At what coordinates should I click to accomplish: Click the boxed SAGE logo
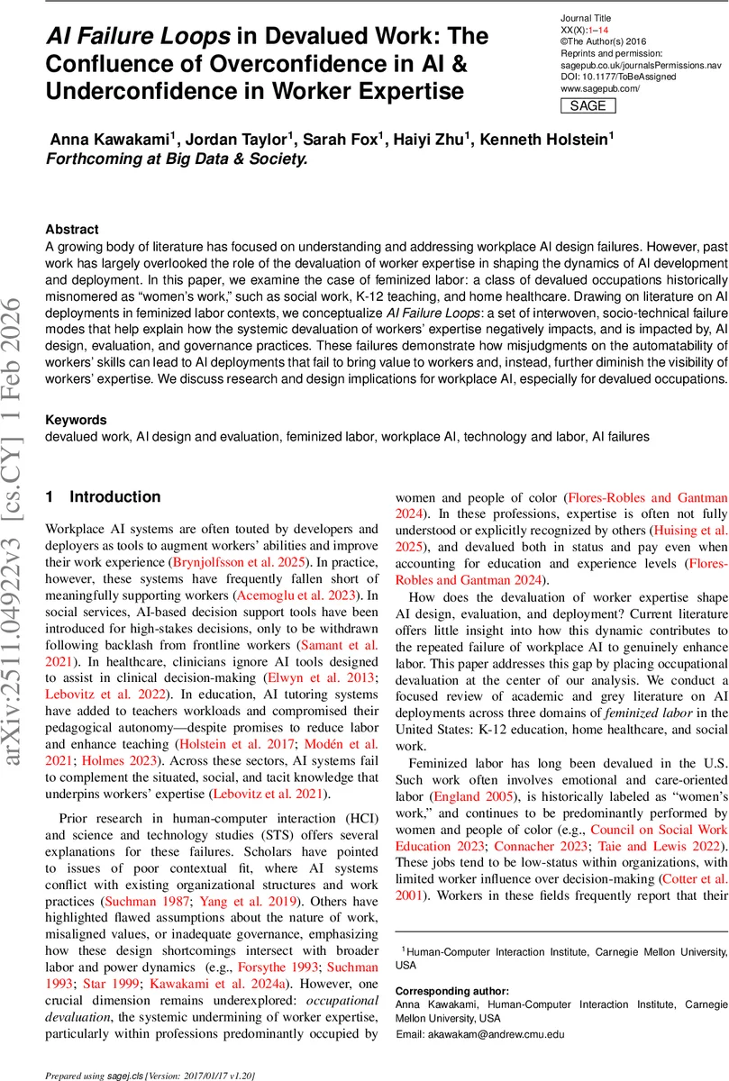pos(588,105)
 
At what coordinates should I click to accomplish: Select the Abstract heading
pos(72,230)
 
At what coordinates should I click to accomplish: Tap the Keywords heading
pos(76,420)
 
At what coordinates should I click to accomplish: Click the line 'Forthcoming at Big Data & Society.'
pos(177,159)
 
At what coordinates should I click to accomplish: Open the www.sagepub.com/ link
pos(599,88)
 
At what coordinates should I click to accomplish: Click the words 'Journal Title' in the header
pos(587,18)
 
